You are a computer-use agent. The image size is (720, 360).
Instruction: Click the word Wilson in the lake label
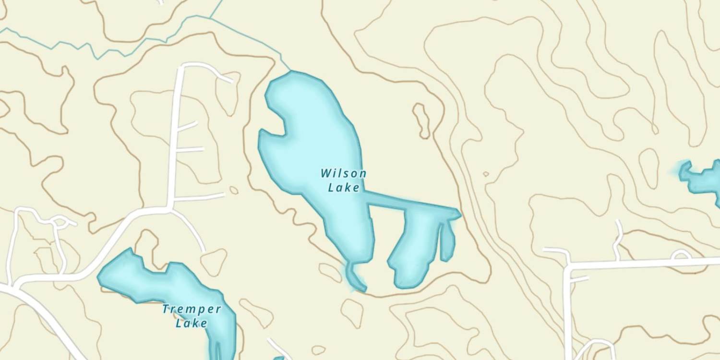coord(344,173)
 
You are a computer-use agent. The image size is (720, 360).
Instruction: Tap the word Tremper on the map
coord(192,309)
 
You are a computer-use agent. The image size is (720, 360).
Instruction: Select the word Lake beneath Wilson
coord(344,187)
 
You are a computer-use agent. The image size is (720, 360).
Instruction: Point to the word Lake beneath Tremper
coord(192,323)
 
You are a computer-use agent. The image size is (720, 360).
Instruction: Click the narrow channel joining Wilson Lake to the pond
coord(408,203)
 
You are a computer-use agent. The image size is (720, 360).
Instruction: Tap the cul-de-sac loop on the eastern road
coord(681,255)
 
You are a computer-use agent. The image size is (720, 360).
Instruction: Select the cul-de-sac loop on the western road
coord(60,221)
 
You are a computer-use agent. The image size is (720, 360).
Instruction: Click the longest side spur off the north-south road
coord(199,197)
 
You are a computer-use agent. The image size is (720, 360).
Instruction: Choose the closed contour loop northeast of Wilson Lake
coord(422,120)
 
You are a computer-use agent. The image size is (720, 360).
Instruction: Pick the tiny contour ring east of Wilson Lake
coord(486,174)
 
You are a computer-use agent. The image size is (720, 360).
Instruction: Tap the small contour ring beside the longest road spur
coord(234,190)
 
